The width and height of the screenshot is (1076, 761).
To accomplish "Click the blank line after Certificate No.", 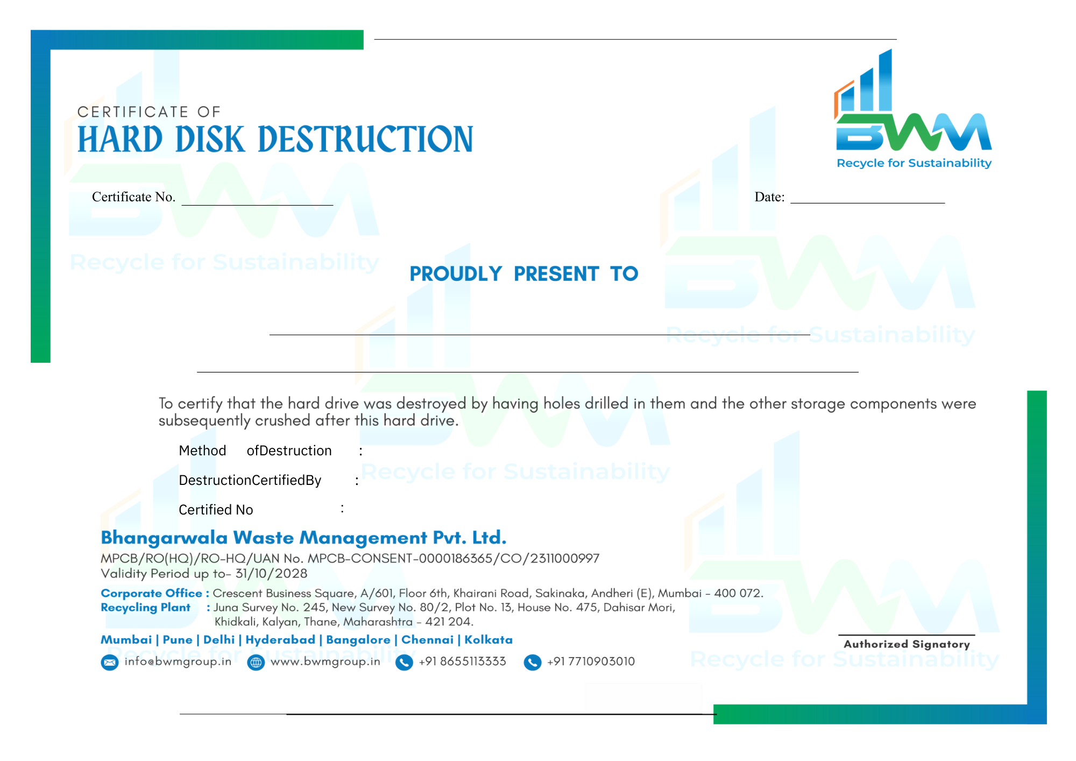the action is coord(257,205).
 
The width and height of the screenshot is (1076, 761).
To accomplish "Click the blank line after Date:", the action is coord(867,203).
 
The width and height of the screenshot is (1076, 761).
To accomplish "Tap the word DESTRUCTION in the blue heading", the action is coord(365,139).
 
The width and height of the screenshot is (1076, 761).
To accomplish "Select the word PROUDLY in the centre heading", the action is coord(456,274).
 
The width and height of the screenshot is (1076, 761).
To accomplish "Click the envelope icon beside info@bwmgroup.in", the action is coord(110,662).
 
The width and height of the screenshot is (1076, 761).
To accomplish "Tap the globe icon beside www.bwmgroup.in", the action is coord(256,662).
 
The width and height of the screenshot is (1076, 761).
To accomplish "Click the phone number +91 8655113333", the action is coord(463,661).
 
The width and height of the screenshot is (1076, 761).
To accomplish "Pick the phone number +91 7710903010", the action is coord(591,661).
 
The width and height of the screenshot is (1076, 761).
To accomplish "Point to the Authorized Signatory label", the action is coord(907,644).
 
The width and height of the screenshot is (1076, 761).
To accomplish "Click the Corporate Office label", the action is coord(152,593).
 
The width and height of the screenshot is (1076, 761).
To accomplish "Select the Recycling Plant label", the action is coord(146,608).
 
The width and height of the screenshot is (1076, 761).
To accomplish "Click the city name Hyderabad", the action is coord(280,640).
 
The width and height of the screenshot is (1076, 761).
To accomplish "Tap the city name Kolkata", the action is coord(489,640).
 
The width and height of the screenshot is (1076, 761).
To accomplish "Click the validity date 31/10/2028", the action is coord(272,574).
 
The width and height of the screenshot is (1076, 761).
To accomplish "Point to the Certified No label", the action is coord(216,510).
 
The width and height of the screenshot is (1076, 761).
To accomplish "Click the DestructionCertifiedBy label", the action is coord(250,480).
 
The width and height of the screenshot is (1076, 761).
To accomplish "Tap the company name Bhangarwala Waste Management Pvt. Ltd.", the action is coord(303,538).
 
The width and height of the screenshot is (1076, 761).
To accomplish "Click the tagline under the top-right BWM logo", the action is coord(914,163).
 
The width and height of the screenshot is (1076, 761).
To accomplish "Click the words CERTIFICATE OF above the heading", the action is coord(149,112).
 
